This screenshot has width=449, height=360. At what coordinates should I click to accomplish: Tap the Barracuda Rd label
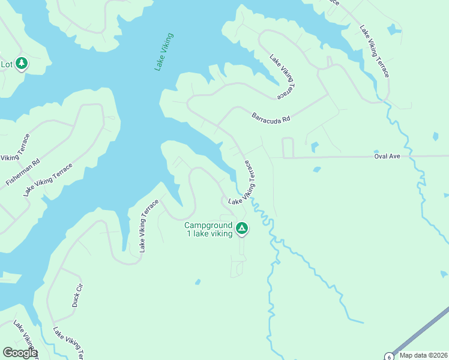click(271, 117)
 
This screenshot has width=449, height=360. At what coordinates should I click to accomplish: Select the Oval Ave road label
click(387, 156)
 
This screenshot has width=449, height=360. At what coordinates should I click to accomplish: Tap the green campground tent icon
click(242, 228)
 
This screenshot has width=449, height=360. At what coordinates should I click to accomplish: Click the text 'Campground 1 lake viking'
click(208, 230)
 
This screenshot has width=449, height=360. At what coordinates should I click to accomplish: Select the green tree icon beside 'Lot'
click(22, 63)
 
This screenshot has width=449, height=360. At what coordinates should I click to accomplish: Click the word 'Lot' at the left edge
click(7, 64)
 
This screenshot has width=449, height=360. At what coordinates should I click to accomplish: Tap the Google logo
click(20, 353)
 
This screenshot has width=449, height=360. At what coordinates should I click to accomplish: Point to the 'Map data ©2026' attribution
click(423, 355)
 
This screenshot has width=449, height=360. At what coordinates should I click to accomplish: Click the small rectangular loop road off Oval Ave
click(288, 148)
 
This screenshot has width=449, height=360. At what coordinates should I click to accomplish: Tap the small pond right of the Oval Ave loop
click(313, 146)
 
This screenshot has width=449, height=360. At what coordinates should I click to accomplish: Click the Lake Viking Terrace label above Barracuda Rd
click(283, 77)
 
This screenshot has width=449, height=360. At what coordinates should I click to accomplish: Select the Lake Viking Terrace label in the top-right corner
click(375, 51)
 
